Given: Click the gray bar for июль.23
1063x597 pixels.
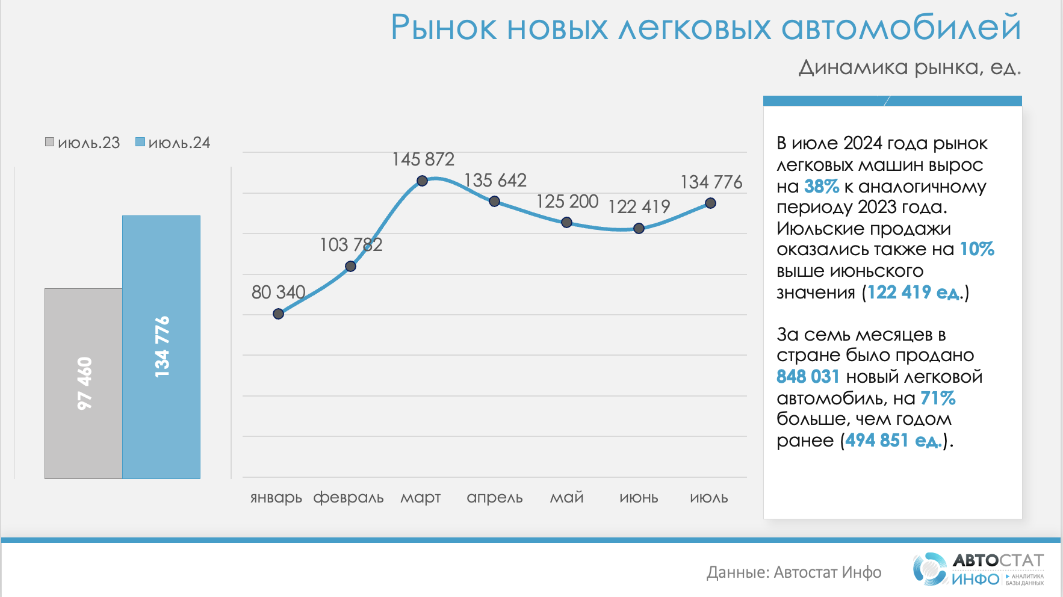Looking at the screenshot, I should [x=83, y=383].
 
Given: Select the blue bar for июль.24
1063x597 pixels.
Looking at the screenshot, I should [x=161, y=347].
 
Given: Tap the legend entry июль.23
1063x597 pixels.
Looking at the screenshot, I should [x=83, y=143].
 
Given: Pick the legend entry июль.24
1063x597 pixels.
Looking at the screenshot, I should [x=173, y=143].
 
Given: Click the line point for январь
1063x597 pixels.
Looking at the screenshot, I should [x=278, y=314].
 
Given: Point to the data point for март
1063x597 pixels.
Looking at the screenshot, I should [x=423, y=181].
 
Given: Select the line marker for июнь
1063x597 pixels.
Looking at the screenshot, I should [x=639, y=228].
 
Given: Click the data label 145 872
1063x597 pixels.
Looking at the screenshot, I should [x=423, y=159].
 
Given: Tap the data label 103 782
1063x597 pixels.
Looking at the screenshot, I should [x=351, y=245].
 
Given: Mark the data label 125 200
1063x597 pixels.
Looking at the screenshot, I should [x=567, y=202].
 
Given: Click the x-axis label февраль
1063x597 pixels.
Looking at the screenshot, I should [x=349, y=498].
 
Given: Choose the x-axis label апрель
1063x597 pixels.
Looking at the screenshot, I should [x=495, y=498].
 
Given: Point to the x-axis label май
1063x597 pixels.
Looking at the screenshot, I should [x=567, y=498].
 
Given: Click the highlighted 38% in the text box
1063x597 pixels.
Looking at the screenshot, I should [x=821, y=187].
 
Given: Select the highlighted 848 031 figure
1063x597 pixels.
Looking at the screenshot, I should [x=808, y=377].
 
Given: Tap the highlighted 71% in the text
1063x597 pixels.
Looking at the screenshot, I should [x=938, y=398].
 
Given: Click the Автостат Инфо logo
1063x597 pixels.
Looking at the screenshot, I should [x=979, y=569].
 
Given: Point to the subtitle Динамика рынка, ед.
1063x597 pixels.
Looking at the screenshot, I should [x=910, y=67].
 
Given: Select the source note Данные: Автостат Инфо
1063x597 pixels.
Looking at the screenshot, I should [x=794, y=572].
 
